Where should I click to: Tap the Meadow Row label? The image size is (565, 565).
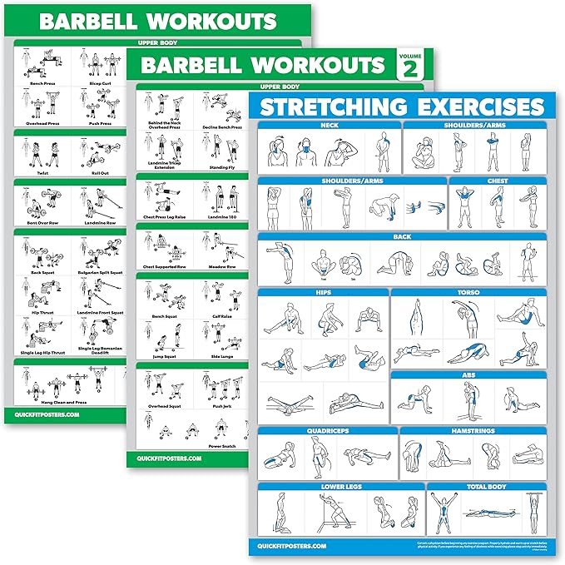[221, 267]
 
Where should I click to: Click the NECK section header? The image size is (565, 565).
[329, 126]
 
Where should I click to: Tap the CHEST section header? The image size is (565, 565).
[498, 181]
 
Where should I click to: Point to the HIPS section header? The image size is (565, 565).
[323, 293]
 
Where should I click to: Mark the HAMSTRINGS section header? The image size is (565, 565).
[473, 431]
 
